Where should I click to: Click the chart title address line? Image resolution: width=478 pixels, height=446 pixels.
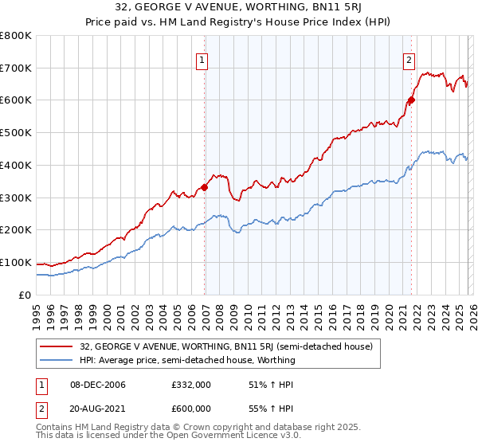tap(239, 8)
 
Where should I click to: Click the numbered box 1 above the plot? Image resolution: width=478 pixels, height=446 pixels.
tap(202, 59)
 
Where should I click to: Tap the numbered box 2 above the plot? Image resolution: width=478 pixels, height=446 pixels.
tap(409, 59)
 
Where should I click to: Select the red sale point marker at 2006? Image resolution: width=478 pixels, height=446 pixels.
tap(205, 187)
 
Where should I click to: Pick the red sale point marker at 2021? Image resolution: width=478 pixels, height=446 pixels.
tap(412, 100)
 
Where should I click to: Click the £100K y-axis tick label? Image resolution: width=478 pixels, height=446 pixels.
tap(16, 262)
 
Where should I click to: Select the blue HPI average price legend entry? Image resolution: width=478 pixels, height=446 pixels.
tap(187, 360)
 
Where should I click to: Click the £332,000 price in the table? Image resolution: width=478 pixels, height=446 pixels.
tap(190, 385)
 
